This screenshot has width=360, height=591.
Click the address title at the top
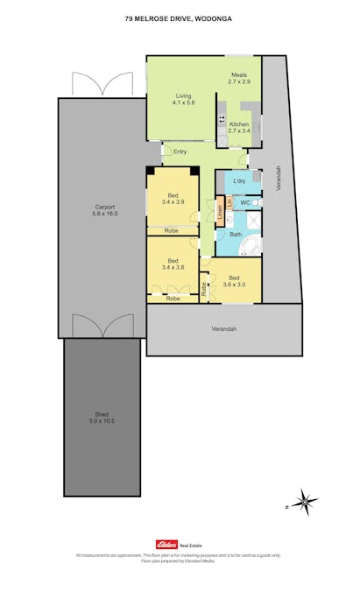[x=180, y=18]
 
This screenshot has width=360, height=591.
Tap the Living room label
[x=183, y=95]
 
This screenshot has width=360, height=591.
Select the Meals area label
[x=240, y=75]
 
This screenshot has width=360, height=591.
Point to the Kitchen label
[x=239, y=124]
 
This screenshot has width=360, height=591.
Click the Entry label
[x=180, y=152]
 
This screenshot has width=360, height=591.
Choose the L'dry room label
[x=239, y=181]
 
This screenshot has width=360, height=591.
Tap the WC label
[x=245, y=202]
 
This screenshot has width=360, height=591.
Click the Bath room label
[x=236, y=234]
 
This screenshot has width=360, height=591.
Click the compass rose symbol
[x=306, y=503]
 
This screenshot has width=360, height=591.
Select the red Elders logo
[x=166, y=544]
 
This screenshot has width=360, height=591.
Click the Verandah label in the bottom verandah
[x=223, y=329]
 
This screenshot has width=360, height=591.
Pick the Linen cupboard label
[x=220, y=212]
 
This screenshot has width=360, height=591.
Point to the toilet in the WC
[x=255, y=202]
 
